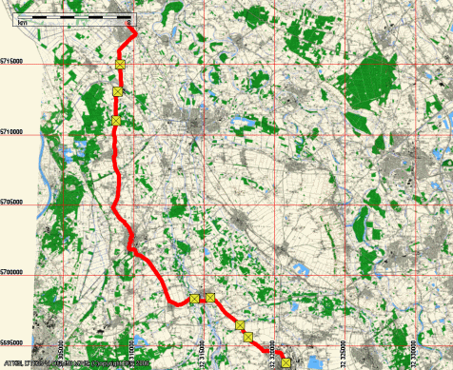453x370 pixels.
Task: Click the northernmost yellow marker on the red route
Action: (121, 64)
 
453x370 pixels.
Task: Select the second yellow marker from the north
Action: (118, 91)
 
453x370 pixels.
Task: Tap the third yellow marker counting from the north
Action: (116, 120)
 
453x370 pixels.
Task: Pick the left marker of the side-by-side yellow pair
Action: (195, 299)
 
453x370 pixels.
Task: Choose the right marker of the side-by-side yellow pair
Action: (210, 299)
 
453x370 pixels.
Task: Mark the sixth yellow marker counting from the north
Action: (241, 325)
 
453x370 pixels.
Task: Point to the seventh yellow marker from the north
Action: (248, 337)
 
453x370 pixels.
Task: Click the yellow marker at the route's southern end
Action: (286, 360)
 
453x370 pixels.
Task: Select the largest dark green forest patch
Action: (366, 81)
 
